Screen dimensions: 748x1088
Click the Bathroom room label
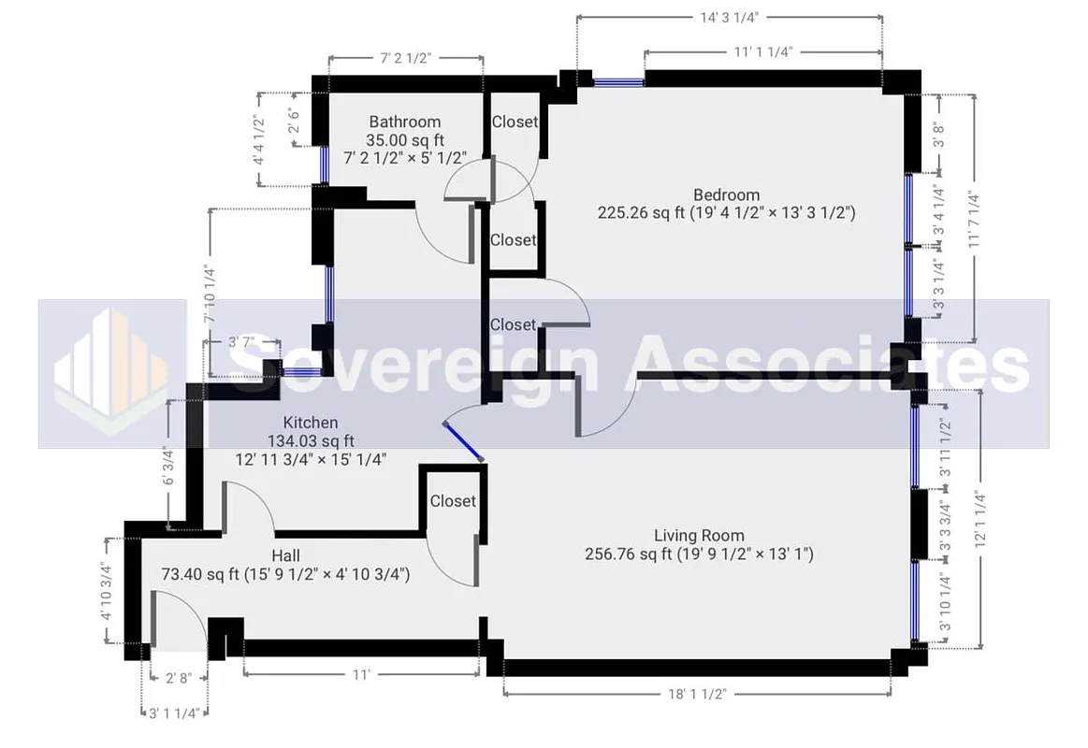coord(404,122)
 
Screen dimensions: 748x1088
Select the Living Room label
coord(699,536)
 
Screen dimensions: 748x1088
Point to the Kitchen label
coord(311,423)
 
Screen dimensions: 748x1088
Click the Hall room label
coord(285,555)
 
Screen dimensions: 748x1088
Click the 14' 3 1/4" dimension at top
coord(730,16)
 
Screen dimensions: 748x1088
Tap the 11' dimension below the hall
coord(361,674)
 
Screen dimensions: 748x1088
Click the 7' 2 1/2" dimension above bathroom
coord(405,58)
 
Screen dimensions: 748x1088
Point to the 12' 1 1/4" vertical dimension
coord(979,520)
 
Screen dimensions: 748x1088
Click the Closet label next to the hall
coord(453,501)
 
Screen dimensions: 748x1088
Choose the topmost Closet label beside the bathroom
coord(515,122)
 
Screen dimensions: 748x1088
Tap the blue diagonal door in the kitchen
coord(463,441)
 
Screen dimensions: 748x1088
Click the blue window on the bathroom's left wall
coord(325,165)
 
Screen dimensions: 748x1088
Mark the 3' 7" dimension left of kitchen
coord(241,342)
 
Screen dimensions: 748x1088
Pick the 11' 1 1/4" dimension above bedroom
coord(762,51)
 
